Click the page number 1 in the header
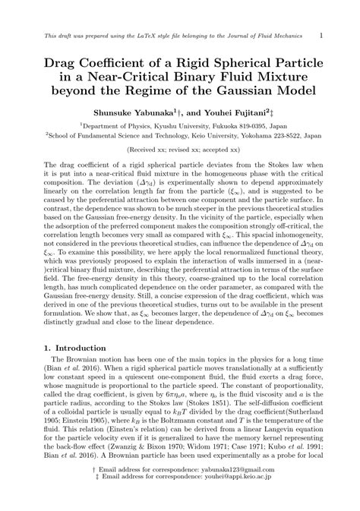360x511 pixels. coord(323,35)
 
